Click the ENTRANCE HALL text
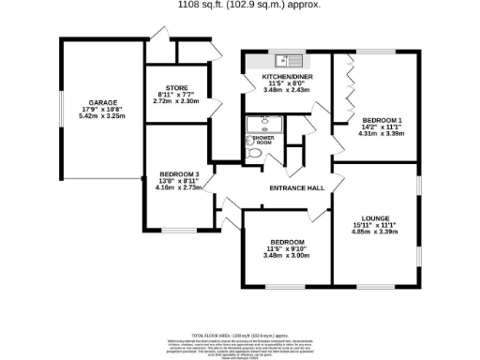coord(296,188)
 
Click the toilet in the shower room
coord(254,153)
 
